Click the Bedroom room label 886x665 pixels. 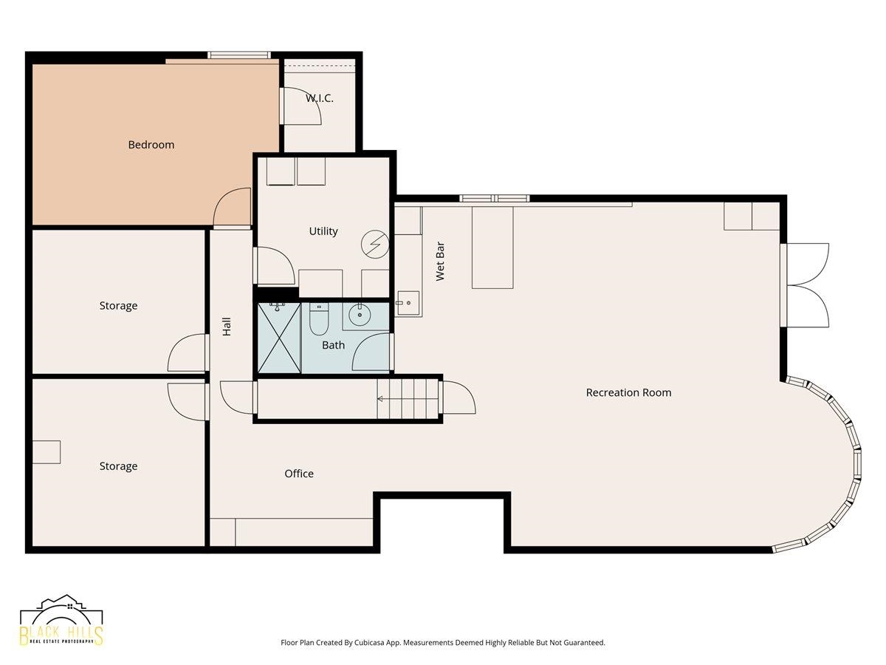tap(151, 145)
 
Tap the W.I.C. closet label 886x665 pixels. tap(319, 98)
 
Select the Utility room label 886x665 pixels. tap(323, 231)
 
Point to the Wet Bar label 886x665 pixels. tap(440, 262)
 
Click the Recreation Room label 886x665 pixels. tap(628, 392)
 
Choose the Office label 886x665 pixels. tap(299, 473)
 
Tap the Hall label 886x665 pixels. tap(227, 327)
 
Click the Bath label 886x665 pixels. tap(333, 345)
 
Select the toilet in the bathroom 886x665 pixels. tap(319, 319)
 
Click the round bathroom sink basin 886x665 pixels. tap(360, 315)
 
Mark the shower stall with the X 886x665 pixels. tap(279, 338)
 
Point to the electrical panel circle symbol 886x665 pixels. tap(375, 244)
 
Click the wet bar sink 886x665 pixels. tap(408, 303)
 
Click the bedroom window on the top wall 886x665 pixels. tap(239, 55)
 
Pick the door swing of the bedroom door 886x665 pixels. tap(232, 206)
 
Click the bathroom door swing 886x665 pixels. tap(371, 352)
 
